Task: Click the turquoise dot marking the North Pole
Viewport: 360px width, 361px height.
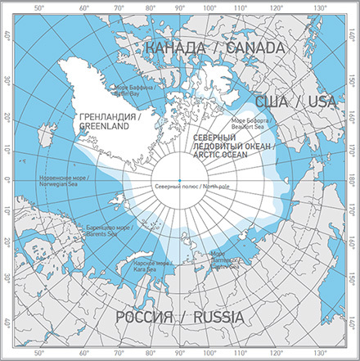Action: coord(179,180)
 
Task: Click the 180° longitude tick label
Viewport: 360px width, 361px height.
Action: coord(353,180)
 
